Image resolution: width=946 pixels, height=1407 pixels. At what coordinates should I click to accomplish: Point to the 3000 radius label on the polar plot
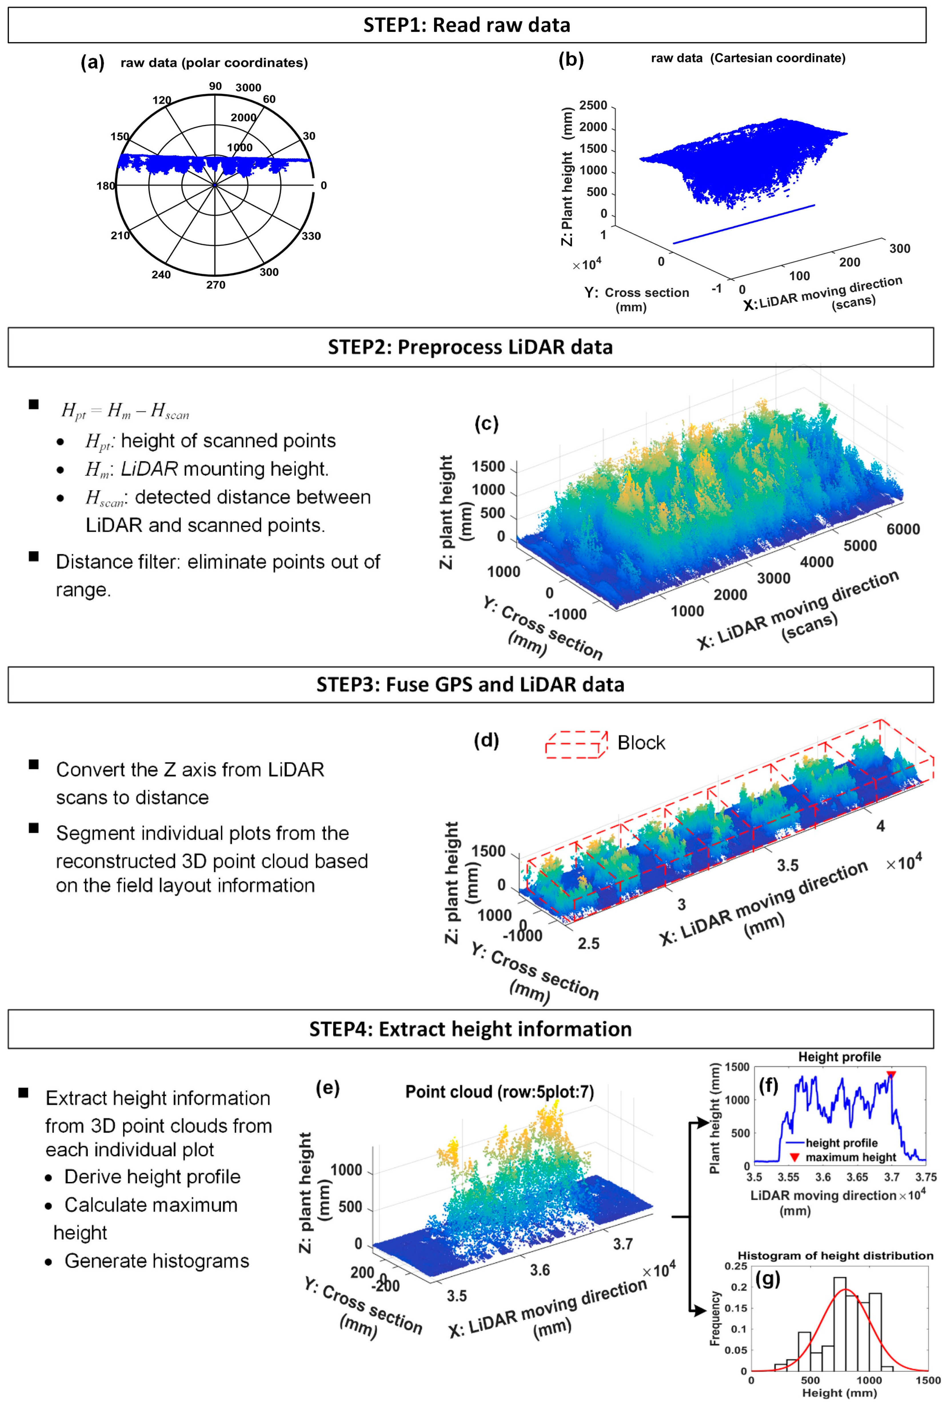click(x=248, y=87)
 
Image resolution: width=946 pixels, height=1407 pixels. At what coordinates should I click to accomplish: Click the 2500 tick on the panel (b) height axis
click(x=593, y=106)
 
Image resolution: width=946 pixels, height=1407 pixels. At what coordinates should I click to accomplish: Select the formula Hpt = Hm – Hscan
click(x=125, y=411)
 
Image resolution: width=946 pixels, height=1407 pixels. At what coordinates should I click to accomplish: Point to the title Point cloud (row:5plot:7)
click(x=500, y=1091)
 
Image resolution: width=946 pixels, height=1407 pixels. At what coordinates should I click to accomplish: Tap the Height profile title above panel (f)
click(x=839, y=1056)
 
